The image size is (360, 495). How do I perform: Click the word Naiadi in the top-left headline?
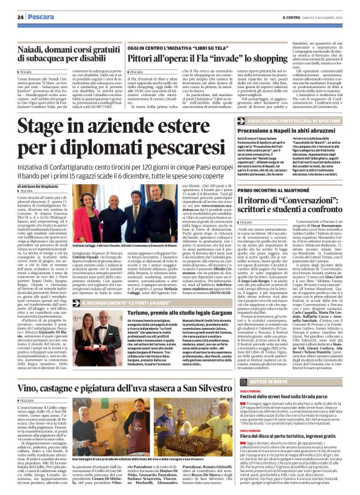30,46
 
